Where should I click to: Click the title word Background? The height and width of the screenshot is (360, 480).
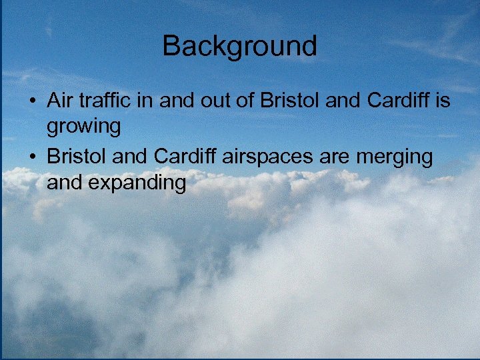[239, 46]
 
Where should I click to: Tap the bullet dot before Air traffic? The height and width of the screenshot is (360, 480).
[32, 102]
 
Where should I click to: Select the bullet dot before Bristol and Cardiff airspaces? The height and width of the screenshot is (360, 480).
[32, 158]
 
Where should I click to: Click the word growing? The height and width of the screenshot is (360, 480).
[83, 126]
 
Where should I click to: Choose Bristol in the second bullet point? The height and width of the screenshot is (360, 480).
[75, 157]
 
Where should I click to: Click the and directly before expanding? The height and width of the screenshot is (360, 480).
[65, 182]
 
